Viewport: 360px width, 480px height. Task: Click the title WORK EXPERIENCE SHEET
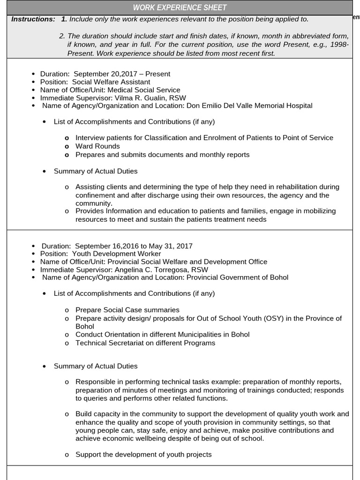click(180, 7)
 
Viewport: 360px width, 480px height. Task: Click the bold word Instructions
click(33, 19)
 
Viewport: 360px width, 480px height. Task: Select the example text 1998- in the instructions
click(339, 45)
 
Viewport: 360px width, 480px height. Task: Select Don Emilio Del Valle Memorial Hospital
click(249, 106)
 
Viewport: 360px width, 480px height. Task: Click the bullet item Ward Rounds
click(97, 146)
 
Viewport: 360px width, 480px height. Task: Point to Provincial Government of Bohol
click(237, 277)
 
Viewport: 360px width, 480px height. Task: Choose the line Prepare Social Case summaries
click(127, 310)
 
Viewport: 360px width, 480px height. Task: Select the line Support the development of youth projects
click(143, 455)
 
